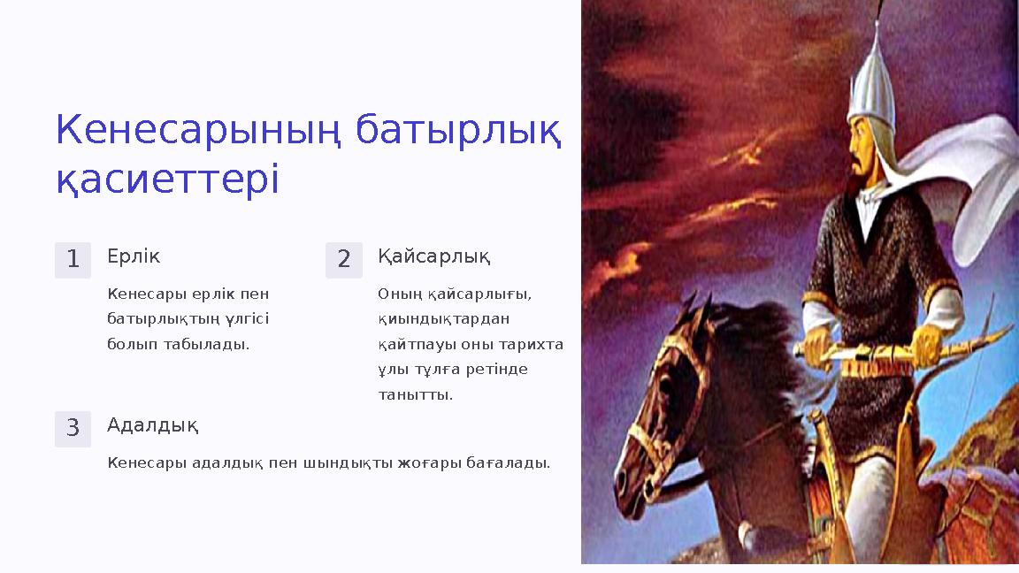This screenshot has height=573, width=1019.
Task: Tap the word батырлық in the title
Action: click(x=457, y=131)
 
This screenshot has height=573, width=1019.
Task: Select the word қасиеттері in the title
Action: click(x=167, y=180)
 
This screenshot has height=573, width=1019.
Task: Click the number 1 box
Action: click(x=73, y=260)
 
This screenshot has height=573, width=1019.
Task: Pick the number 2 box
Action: click(x=344, y=260)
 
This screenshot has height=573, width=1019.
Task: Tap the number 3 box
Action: click(x=73, y=429)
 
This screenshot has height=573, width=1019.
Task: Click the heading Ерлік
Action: click(x=134, y=256)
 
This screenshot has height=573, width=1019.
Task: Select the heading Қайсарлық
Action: click(x=433, y=257)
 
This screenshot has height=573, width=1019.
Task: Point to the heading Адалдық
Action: click(x=152, y=426)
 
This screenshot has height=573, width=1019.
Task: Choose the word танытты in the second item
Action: click(x=415, y=395)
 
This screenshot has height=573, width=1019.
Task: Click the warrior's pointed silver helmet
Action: click(x=870, y=80)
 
